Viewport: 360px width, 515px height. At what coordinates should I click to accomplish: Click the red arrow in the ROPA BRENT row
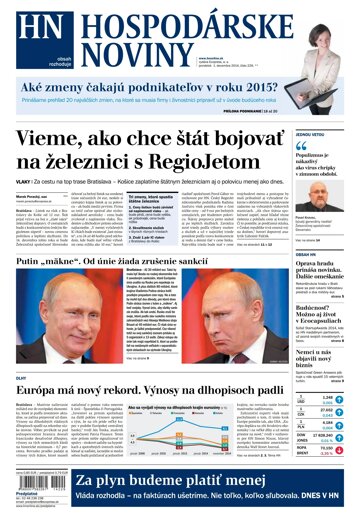point(341,451)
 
